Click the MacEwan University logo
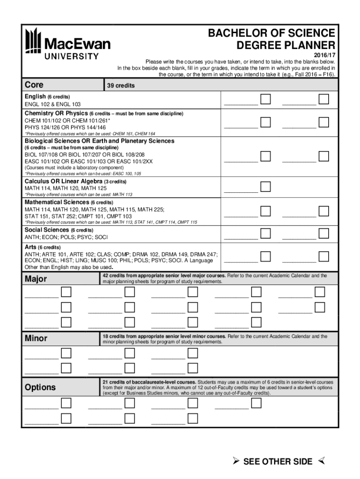click(x=68, y=44)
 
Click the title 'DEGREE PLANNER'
click(x=286, y=45)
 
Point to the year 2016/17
click(x=324, y=55)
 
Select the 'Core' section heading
click(x=34, y=85)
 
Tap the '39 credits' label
click(x=121, y=86)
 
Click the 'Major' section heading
click(x=36, y=279)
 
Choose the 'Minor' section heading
click(x=36, y=338)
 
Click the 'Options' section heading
click(x=40, y=387)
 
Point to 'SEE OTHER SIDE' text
click(x=278, y=462)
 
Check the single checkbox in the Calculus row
click(x=265, y=187)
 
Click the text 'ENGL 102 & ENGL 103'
click(x=53, y=104)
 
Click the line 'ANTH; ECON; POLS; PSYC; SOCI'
click(x=66, y=237)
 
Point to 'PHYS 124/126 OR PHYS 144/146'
click(x=65, y=127)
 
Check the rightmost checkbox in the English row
click(x=324, y=99)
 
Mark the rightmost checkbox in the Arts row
click(x=324, y=256)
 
